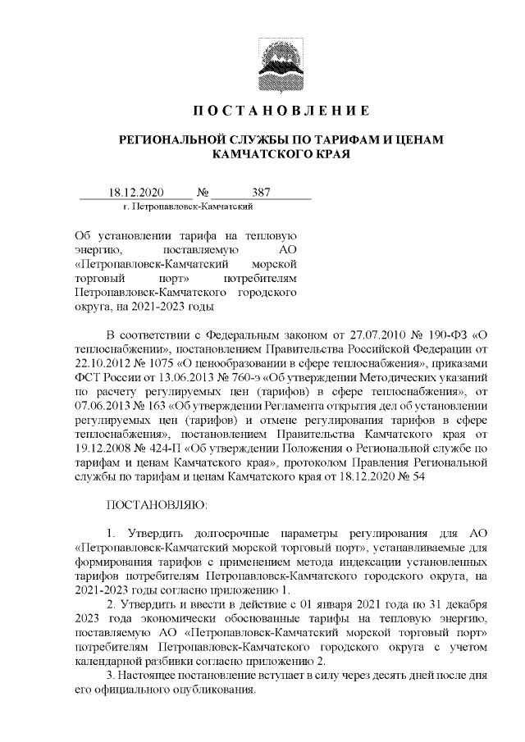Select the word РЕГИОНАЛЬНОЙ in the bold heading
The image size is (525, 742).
tap(179, 140)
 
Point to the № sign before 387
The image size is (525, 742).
tap(201, 193)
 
